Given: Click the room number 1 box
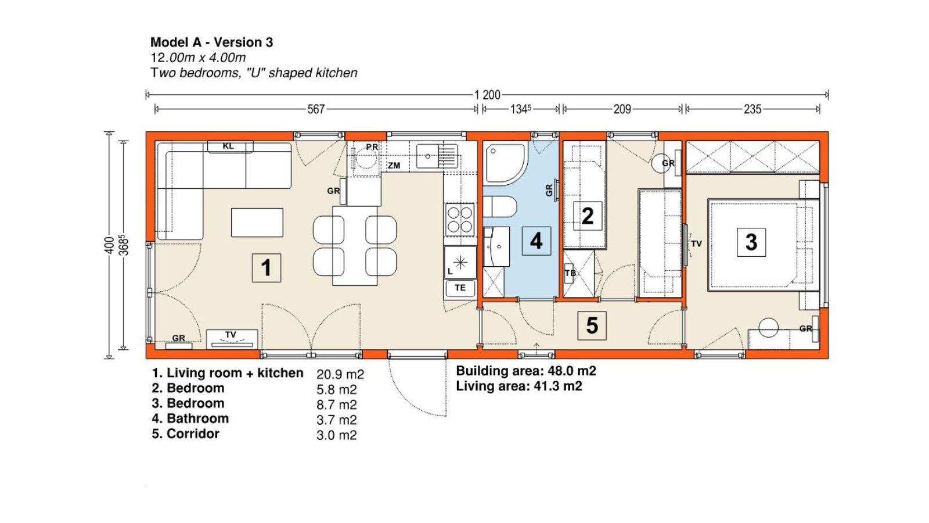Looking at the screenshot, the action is [x=267, y=268].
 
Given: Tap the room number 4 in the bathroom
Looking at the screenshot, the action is [x=536, y=241].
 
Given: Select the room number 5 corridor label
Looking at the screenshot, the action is [x=592, y=325].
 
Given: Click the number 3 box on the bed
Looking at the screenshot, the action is [x=751, y=242].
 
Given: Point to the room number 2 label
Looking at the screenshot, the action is [x=587, y=216].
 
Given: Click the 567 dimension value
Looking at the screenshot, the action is [x=316, y=109].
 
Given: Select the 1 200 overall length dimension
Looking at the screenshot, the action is [x=487, y=95].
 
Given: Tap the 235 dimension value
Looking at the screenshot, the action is [x=752, y=109].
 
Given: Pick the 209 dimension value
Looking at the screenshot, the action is [x=622, y=109].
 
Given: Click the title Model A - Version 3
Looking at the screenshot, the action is [x=211, y=42].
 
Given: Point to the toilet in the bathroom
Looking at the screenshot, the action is [x=500, y=207].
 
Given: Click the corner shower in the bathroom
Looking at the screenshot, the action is [x=505, y=163].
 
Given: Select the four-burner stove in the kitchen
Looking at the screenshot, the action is [x=459, y=220].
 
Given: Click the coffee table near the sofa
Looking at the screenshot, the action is [x=257, y=223].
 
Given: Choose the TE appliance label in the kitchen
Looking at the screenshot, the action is [x=460, y=288].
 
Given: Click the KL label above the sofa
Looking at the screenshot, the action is [x=228, y=146].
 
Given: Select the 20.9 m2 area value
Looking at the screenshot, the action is [x=340, y=374].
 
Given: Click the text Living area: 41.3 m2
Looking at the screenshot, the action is [x=519, y=386].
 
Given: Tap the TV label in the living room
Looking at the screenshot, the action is [x=231, y=335].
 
